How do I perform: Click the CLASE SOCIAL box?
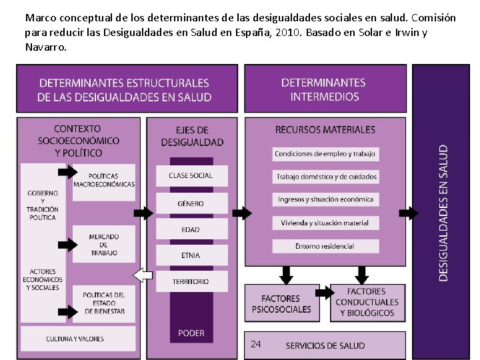click(191, 175)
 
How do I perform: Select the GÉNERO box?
click(191, 203)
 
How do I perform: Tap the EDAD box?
click(191, 230)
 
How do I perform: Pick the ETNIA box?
click(191, 255)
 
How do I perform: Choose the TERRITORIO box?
click(191, 281)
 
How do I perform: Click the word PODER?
click(191, 333)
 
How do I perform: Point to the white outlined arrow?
click(143, 275)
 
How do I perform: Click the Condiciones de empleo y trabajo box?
click(325, 154)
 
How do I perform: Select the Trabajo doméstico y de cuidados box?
click(325, 177)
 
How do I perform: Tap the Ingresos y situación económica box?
click(325, 199)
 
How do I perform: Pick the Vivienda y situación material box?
click(325, 223)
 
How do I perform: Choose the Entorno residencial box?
click(325, 246)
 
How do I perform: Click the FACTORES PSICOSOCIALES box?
click(281, 304)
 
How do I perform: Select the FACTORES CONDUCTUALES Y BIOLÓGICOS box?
click(367, 303)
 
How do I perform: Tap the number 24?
click(256, 344)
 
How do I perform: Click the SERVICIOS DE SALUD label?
click(325, 345)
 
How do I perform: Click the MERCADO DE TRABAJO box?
click(104, 245)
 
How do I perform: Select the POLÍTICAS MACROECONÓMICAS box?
click(104, 181)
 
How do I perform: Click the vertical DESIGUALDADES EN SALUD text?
click(443, 212)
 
